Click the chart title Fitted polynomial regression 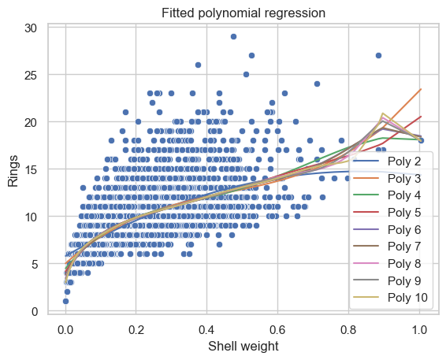[x=243, y=13]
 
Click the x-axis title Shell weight [x=243, y=347]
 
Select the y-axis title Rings [x=13, y=171]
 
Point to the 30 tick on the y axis [x=31, y=28]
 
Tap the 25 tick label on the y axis [x=31, y=76]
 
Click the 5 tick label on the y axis [x=35, y=265]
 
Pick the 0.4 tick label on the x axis [x=206, y=330]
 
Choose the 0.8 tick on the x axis [x=348, y=330]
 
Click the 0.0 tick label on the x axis [x=65, y=330]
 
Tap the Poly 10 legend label [x=407, y=298]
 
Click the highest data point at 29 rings [x=233, y=37]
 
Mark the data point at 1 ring [x=65, y=301]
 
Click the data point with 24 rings [x=317, y=84]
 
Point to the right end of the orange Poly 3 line [x=421, y=89]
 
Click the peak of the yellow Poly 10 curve [x=383, y=113]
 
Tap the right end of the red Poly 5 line [x=421, y=117]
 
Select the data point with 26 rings [x=199, y=65]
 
